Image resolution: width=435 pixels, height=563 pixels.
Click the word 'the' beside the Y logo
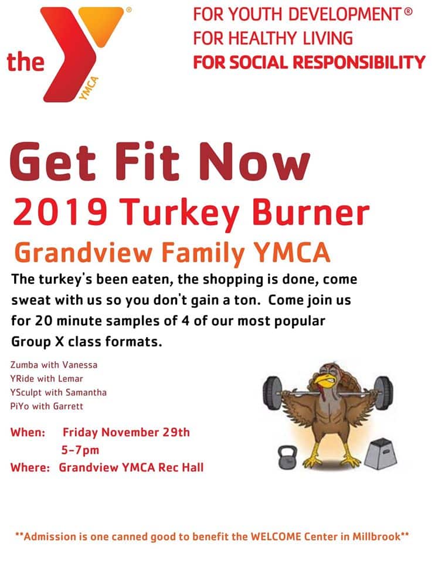[25, 62]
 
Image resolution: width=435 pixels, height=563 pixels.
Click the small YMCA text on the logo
[89, 89]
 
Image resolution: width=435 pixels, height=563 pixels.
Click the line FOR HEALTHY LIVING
[273, 38]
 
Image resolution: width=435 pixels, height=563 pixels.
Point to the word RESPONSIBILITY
[359, 62]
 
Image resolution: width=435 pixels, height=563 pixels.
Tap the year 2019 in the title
[60, 211]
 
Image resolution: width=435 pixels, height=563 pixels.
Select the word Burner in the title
[311, 211]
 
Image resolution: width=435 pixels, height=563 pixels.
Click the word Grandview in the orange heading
[84, 252]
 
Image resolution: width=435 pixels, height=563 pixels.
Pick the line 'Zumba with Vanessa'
[54, 365]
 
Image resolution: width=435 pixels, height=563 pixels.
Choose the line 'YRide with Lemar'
[47, 378]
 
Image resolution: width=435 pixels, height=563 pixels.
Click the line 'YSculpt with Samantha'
[59, 392]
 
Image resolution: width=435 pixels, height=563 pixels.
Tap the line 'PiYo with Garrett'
[47, 406]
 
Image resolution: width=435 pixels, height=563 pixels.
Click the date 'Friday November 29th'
[126, 432]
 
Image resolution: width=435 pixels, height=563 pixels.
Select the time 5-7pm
[80, 450]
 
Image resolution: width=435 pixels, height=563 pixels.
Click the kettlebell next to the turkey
[288, 457]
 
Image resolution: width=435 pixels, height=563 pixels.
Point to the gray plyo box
[380, 454]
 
